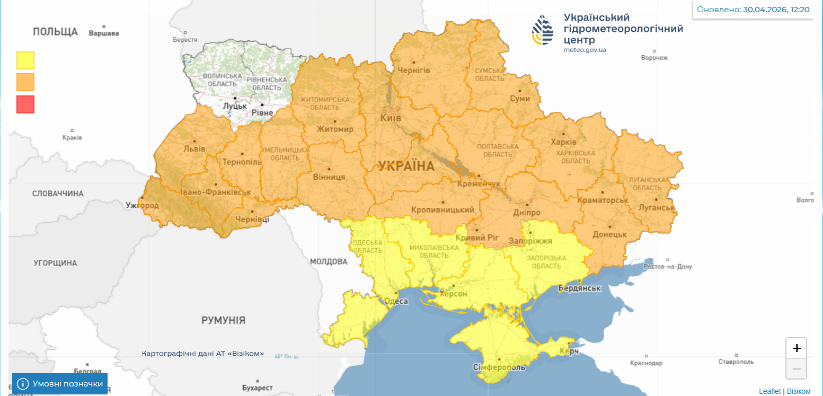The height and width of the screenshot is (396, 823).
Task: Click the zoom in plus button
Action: (x=796, y=348)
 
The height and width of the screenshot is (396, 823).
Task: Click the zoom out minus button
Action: (x=796, y=368)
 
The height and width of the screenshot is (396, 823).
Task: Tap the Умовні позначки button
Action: (x=60, y=384)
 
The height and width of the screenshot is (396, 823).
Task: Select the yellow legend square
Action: (x=25, y=60)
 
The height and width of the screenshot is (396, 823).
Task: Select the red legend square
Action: (x=25, y=104)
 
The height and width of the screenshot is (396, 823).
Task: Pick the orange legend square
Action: (x=25, y=82)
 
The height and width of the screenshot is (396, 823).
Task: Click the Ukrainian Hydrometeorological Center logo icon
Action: (x=543, y=30)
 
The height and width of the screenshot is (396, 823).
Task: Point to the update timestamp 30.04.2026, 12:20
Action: (x=776, y=10)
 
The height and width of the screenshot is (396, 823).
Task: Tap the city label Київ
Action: (x=391, y=118)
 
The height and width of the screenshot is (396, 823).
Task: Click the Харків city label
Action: (x=563, y=143)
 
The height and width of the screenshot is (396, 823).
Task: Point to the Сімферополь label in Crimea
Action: (x=499, y=367)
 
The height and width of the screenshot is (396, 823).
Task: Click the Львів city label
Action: (x=194, y=149)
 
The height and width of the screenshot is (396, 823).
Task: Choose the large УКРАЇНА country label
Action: (x=406, y=166)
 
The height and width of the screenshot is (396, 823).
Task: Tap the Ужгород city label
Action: (x=142, y=205)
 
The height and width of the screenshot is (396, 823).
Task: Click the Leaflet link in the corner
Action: (x=769, y=391)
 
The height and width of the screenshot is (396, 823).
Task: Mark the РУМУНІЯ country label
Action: (x=223, y=320)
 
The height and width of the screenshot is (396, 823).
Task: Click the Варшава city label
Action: (x=104, y=33)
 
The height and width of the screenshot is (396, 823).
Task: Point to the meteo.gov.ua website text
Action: (x=585, y=50)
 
